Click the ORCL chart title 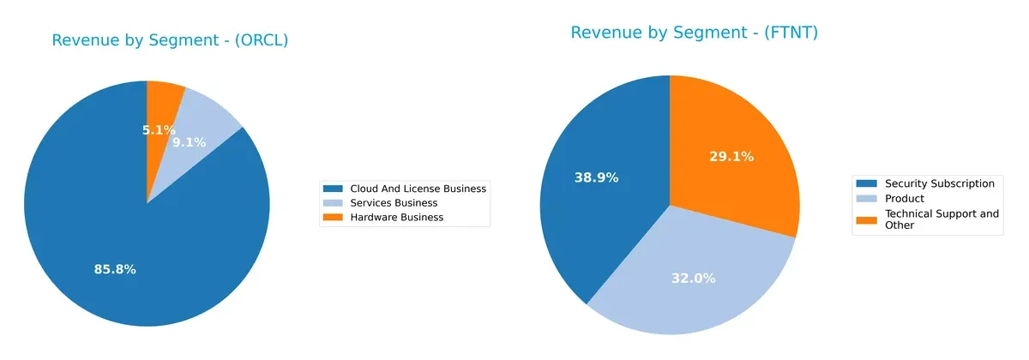pyautogui.click(x=170, y=40)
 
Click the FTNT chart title pyautogui.click(x=694, y=33)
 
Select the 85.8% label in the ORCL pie pyautogui.click(x=115, y=269)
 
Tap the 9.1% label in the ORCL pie pyautogui.click(x=189, y=142)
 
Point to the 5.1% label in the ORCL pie pyautogui.click(x=159, y=130)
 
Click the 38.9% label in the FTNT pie pyautogui.click(x=596, y=177)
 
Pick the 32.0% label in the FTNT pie pyautogui.click(x=694, y=278)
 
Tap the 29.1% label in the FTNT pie pyautogui.click(x=731, y=156)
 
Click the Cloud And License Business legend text pyautogui.click(x=418, y=189)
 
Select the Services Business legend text pyautogui.click(x=394, y=203)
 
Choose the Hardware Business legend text pyautogui.click(x=396, y=218)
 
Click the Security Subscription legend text pyautogui.click(x=939, y=183)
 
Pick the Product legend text pyautogui.click(x=904, y=198)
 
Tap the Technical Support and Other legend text pyautogui.click(x=942, y=219)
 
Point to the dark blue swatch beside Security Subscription pyautogui.click(x=866, y=183)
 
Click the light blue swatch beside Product pyautogui.click(x=866, y=198)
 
